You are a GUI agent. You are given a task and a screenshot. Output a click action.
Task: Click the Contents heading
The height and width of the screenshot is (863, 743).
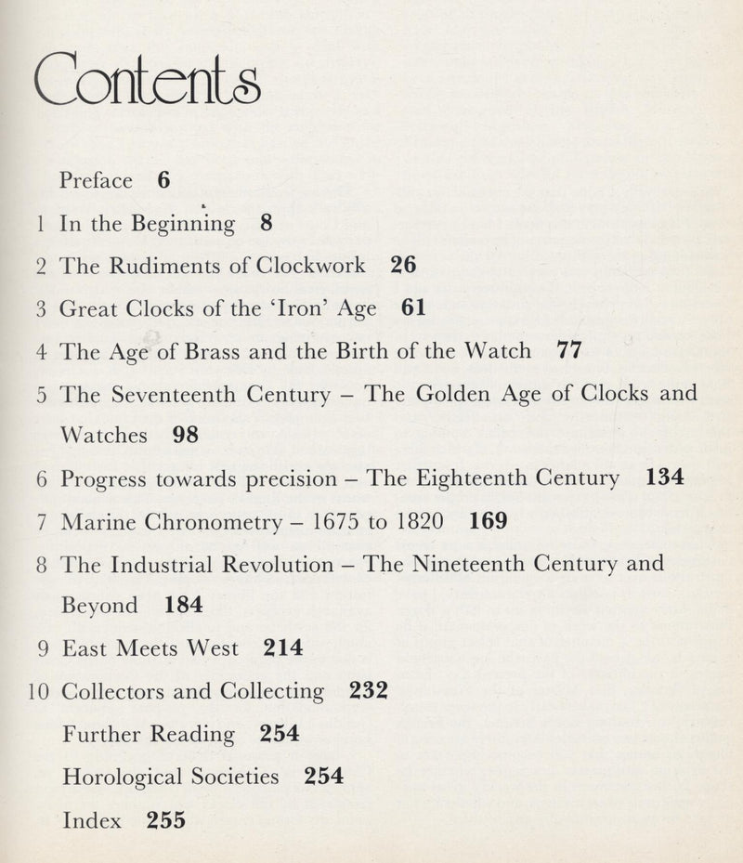147,86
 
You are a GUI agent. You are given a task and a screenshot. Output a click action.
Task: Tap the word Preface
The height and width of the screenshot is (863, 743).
96,180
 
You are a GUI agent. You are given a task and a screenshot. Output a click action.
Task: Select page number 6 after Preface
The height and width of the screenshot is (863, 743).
163,180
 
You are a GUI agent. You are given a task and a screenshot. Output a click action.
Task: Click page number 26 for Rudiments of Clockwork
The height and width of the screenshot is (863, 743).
403,266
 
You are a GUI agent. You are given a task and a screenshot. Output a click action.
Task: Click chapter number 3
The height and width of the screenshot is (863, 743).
41,308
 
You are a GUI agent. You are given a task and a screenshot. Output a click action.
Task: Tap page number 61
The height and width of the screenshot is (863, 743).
414,308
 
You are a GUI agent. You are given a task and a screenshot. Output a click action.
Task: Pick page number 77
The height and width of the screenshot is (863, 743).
567,352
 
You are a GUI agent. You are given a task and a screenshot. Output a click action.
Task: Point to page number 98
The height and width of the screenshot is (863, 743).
186,435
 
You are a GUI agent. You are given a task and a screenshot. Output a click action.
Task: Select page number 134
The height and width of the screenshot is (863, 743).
664,478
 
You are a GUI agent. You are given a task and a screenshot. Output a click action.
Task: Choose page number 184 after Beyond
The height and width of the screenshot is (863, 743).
183,606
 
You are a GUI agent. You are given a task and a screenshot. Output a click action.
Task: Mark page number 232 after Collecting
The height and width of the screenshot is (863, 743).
368,691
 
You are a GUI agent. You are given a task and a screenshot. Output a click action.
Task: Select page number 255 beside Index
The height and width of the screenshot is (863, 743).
166,819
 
